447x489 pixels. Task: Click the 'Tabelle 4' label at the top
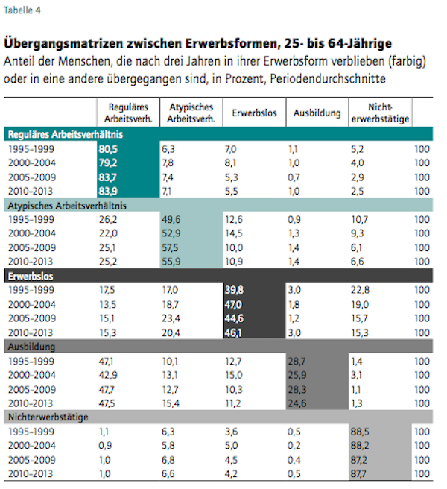(22, 10)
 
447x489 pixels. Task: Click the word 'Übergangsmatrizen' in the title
(63, 44)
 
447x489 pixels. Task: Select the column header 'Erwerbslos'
(254, 113)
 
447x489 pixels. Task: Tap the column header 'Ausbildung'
(317, 113)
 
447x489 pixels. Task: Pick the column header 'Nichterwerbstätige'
(380, 113)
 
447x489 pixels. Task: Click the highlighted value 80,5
(108, 149)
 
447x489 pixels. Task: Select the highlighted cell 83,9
(108, 191)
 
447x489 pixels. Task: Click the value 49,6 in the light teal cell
(171, 220)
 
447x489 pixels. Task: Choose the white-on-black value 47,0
(233, 304)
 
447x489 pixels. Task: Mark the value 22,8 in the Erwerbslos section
(360, 290)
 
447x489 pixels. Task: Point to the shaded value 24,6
(297, 403)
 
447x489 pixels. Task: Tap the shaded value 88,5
(360, 432)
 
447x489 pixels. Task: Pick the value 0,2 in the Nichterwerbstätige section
(294, 445)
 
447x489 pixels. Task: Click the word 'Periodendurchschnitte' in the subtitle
(328, 79)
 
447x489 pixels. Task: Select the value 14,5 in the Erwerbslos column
(234, 233)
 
